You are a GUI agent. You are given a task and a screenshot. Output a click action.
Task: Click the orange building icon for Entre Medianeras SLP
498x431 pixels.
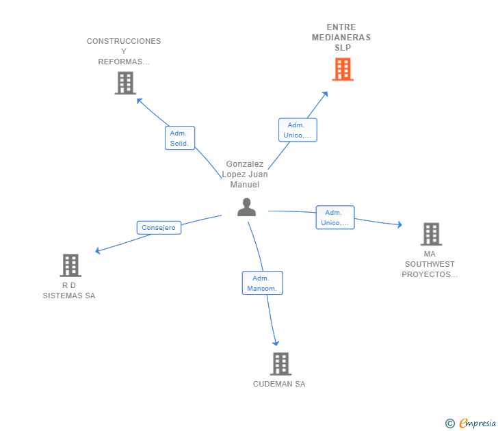pos(343,69)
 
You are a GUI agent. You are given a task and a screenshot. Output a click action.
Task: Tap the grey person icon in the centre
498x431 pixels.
pos(246,207)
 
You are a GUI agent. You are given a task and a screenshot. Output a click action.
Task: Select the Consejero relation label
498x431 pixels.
pos(159,228)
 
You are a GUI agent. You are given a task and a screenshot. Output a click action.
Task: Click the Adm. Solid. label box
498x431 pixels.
pos(180,138)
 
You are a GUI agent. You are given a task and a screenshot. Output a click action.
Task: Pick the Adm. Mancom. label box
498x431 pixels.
pos(263,283)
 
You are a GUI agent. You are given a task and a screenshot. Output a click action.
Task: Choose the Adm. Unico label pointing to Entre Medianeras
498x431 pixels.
pos(298,130)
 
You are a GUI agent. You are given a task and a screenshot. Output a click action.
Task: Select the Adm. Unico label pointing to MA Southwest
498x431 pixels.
pos(335,218)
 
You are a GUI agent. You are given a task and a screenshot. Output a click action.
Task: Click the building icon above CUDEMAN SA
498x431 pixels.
pos(280,364)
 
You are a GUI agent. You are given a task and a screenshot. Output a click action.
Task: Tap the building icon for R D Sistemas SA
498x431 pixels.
pos(70,265)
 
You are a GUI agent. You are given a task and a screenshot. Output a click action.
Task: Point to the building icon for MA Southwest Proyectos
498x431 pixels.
pos(431,234)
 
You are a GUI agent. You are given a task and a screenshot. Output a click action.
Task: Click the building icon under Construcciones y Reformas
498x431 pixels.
pos(125,83)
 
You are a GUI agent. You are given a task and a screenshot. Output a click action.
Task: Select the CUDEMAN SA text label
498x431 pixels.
pos(279,384)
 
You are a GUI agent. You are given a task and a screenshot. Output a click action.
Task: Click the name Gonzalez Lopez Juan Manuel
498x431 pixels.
pos(245,174)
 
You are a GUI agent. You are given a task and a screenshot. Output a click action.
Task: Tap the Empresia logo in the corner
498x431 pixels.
pos(477,423)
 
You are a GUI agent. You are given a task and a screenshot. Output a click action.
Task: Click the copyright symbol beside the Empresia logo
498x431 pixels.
pos(449,423)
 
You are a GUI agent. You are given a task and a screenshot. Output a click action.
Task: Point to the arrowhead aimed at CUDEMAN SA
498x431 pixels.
pos(276,343)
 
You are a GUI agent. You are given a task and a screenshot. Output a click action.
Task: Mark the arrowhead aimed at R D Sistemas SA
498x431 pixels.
pos(98,250)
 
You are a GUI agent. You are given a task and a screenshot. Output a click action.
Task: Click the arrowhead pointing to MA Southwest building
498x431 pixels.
pos(400,224)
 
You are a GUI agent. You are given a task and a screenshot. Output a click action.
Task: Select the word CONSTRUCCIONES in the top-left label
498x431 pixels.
pos(124,41)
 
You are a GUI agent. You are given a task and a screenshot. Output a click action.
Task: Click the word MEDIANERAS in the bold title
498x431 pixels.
pos(341,38)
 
